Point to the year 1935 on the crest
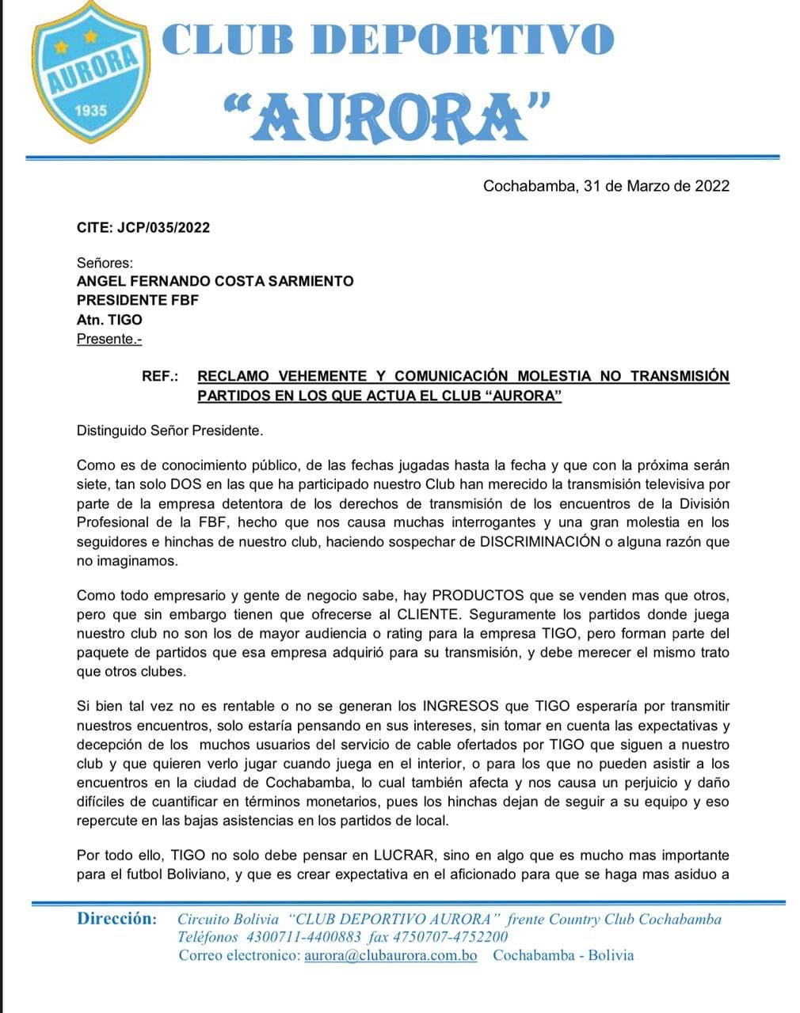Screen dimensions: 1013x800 90,110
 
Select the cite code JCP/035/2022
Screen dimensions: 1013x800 165,228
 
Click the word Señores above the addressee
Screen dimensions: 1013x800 105,263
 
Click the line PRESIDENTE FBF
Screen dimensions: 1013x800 137,301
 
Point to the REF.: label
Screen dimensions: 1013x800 160,376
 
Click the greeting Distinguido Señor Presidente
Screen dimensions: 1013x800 170,431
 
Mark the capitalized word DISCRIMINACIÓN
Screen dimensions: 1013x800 539,542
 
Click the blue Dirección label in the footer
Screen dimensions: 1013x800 116,919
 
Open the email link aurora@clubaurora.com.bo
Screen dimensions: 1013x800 390,955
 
